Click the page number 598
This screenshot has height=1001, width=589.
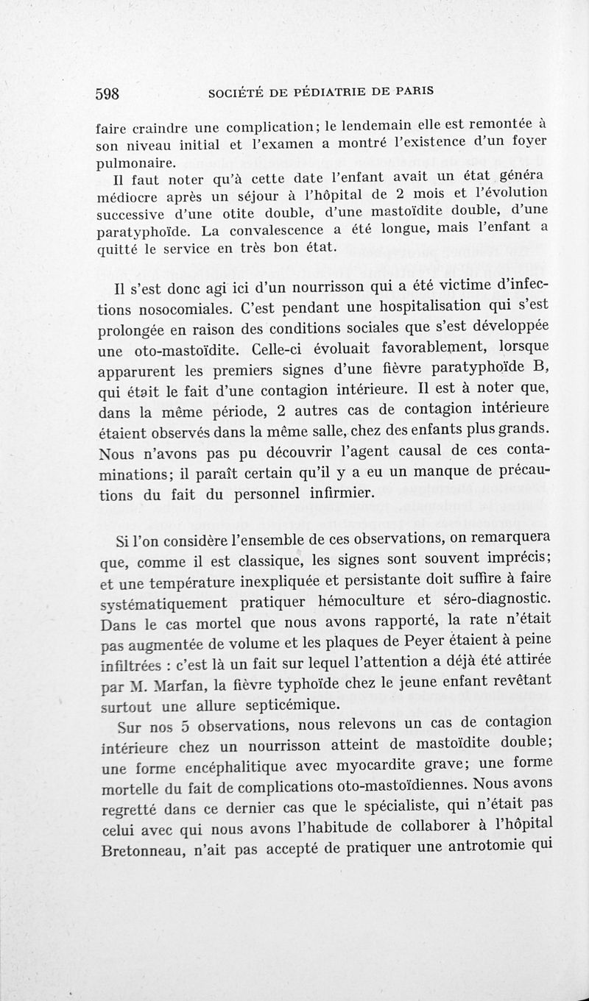click(119, 93)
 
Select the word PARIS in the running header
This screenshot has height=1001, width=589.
click(413, 92)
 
